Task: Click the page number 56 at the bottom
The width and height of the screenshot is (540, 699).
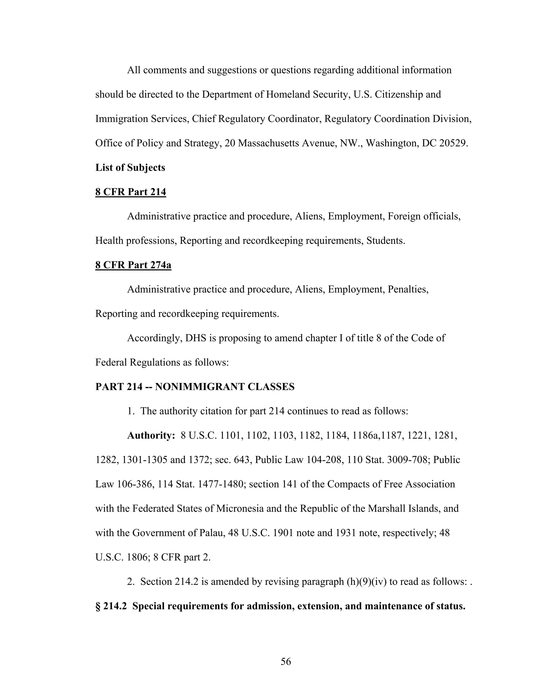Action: click(x=286, y=661)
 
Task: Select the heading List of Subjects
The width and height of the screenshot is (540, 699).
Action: click(x=130, y=168)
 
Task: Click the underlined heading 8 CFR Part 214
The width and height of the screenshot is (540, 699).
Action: click(x=131, y=192)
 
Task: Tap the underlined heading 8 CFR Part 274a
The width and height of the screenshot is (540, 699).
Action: click(x=133, y=265)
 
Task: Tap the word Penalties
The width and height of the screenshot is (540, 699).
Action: click(x=408, y=289)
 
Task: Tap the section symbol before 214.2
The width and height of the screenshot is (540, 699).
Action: click(x=98, y=606)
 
